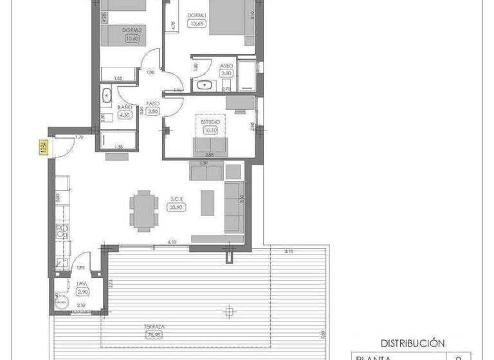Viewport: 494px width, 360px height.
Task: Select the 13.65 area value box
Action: coord(197,24)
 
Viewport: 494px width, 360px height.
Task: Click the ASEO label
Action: coord(226,66)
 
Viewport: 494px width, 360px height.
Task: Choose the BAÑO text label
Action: coord(125,107)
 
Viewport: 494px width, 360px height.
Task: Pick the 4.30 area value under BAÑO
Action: coord(125,115)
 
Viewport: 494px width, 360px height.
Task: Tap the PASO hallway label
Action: coord(152,103)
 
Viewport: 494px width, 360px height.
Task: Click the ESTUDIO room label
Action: coord(210,122)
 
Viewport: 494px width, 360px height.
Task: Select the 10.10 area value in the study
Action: coord(210,130)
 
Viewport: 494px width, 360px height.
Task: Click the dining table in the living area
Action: coord(142,210)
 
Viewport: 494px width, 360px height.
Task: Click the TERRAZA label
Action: coord(154,327)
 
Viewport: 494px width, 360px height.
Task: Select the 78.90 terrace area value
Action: coord(154,334)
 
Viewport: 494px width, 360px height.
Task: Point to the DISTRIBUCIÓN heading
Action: coord(412,343)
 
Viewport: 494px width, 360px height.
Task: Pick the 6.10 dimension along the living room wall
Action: coord(172,242)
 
